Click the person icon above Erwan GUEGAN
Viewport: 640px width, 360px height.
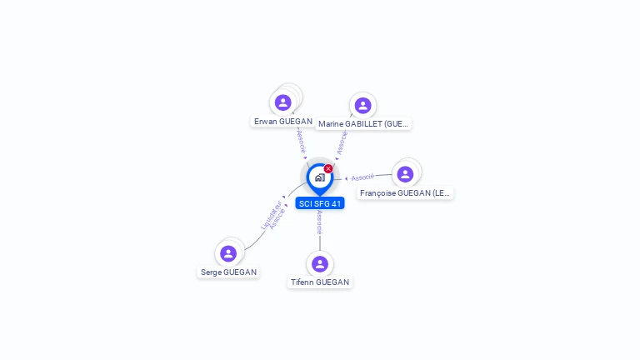tap(283, 102)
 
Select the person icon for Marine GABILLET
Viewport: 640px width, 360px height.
tap(362, 106)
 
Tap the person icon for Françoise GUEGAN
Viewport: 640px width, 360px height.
tap(405, 174)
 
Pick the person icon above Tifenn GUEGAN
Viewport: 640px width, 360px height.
tap(320, 264)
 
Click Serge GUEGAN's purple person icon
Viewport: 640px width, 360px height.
tap(228, 253)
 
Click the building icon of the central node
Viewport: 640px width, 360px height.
tap(320, 177)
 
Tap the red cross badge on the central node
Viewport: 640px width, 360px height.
tap(328, 169)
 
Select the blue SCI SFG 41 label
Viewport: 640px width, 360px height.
tap(320, 203)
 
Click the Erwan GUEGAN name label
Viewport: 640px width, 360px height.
tap(283, 122)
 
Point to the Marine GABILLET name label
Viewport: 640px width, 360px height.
tap(363, 124)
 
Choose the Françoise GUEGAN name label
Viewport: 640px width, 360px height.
tap(405, 193)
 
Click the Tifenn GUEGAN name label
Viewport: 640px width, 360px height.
tap(320, 282)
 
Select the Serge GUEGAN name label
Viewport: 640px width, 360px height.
tap(229, 272)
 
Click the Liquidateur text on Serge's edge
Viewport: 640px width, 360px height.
tap(270, 213)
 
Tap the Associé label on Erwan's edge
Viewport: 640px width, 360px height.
tap(301, 140)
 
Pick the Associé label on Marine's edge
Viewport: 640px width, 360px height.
tap(342, 142)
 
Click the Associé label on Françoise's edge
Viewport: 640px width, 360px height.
tap(362, 177)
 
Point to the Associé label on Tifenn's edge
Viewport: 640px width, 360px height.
tap(320, 222)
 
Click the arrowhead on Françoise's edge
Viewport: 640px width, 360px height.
tap(347, 178)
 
